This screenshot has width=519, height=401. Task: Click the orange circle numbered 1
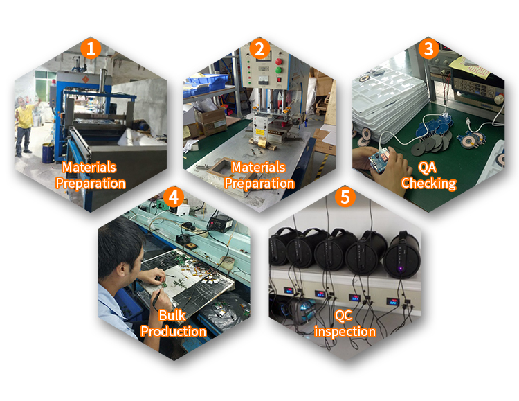(91, 48)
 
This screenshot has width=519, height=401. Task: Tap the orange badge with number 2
(259, 48)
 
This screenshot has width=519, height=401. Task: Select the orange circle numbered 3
(428, 48)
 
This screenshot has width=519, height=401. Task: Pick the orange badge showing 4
(174, 197)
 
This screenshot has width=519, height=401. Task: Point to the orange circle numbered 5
(345, 197)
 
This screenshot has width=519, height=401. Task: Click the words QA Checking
(428, 176)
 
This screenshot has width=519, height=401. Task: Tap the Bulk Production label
(173, 324)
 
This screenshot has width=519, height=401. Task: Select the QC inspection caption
(345, 324)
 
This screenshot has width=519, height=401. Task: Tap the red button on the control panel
(279, 62)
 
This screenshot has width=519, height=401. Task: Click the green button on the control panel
(279, 70)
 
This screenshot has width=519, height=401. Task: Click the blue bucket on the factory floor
(48, 153)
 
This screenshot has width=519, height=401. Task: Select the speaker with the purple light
(401, 254)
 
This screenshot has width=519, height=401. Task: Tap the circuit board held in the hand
(381, 160)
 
